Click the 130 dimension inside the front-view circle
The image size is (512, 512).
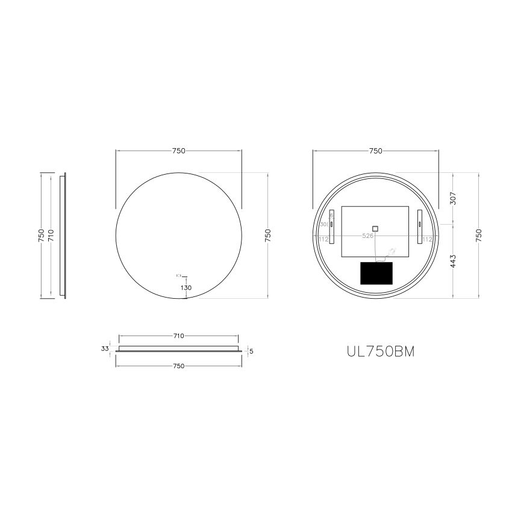click(186, 288)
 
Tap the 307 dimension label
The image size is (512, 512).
click(453, 198)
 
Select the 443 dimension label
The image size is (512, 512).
click(453, 261)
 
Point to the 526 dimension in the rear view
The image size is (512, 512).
click(367, 236)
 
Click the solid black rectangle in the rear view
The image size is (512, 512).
click(376, 273)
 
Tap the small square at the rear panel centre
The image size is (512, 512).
click(375, 228)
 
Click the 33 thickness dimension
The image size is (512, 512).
click(105, 348)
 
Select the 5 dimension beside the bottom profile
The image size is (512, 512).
click(251, 351)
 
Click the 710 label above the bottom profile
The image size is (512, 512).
click(178, 336)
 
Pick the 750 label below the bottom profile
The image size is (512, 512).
click(178, 366)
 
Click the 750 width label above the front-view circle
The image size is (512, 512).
click(178, 151)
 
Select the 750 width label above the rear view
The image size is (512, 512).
click(375, 151)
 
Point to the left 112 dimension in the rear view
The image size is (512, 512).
click(323, 239)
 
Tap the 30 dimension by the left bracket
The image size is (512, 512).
click(323, 225)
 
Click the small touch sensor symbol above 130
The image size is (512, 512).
click(178, 275)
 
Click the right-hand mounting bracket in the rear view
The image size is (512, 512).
click(420, 226)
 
